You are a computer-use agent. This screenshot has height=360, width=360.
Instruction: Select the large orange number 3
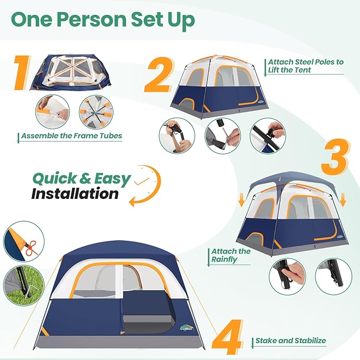[333, 157]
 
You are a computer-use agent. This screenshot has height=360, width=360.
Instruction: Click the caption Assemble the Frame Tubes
[72, 136]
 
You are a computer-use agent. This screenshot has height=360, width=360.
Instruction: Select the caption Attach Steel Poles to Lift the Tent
[305, 66]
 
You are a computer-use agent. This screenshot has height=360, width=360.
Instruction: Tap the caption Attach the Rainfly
[231, 255]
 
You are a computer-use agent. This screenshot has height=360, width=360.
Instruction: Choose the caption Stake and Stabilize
[291, 341]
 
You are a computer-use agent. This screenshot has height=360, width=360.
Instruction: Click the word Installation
[75, 194]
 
